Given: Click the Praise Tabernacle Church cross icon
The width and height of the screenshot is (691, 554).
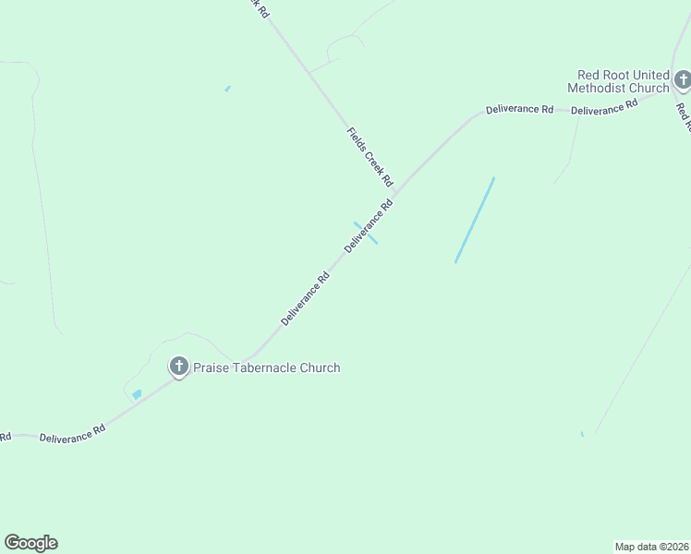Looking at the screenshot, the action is (x=178, y=367).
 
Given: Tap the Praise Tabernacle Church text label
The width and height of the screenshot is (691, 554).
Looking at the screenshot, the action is (x=266, y=367).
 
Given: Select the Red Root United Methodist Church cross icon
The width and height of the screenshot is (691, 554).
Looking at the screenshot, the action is (x=682, y=80).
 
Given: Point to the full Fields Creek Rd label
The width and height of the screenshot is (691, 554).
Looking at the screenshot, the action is (x=370, y=156).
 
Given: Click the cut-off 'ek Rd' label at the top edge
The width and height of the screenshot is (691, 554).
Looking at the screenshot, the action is (x=259, y=8).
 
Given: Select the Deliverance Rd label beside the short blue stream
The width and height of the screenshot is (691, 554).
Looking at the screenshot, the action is (x=369, y=226).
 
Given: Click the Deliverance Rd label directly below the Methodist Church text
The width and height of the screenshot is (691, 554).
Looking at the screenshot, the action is (x=605, y=108).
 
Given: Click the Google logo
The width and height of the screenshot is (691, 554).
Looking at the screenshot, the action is (x=30, y=543).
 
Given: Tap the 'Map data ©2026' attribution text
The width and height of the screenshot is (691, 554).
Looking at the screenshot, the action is (x=652, y=546).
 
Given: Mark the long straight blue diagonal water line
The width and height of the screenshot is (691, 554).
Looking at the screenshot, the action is (x=475, y=220).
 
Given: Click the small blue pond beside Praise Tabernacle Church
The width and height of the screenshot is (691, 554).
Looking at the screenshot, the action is (x=137, y=394).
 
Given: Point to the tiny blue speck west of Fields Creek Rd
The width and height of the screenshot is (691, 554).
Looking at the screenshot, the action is (x=227, y=89).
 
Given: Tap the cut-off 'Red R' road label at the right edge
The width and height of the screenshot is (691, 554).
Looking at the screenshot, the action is (x=684, y=115).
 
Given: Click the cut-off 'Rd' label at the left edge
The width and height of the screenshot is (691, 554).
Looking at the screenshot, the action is (x=5, y=436).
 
